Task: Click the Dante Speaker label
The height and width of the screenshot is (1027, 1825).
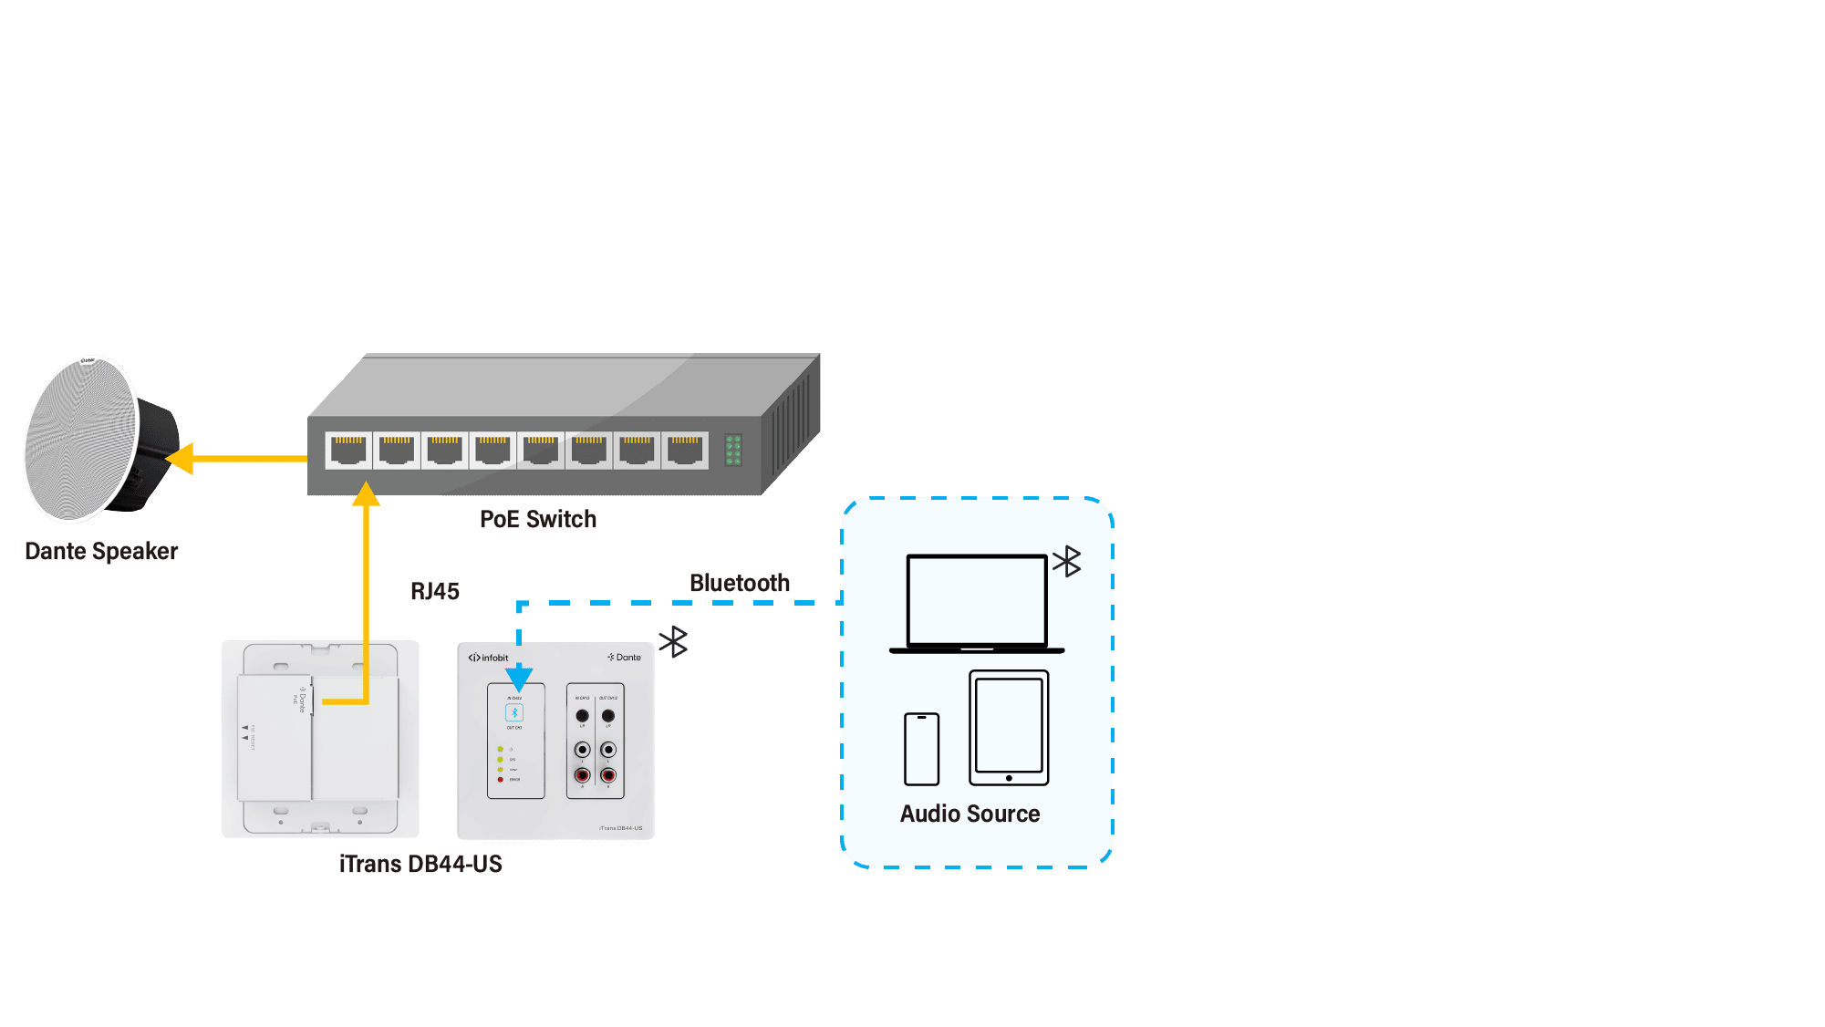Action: [x=101, y=551]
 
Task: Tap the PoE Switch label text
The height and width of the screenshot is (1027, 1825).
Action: [x=537, y=519]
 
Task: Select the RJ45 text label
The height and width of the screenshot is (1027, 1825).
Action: [x=434, y=591]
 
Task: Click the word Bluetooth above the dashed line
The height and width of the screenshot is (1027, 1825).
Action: [x=739, y=583]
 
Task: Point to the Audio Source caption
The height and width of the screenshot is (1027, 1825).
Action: [x=970, y=814]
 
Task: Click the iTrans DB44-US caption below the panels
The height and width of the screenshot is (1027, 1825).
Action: [x=420, y=864]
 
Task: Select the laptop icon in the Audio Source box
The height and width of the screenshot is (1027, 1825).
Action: [x=976, y=603]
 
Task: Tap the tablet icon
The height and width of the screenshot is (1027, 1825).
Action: [x=1009, y=728]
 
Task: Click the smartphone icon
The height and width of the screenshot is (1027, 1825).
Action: [x=921, y=749]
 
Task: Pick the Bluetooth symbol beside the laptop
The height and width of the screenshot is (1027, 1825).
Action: [x=1066, y=562]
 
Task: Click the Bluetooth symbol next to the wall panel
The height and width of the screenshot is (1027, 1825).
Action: [x=673, y=642]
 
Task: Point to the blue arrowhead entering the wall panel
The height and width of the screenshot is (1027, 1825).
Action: [x=519, y=678]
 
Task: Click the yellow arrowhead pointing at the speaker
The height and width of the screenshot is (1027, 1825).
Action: [x=181, y=459]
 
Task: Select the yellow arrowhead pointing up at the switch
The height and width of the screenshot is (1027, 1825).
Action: [x=366, y=494]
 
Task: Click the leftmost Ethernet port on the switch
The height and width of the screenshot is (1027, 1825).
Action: [x=348, y=451]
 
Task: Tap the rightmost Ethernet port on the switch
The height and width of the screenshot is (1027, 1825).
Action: [x=685, y=451]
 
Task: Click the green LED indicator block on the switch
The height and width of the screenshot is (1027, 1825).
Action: [x=733, y=450]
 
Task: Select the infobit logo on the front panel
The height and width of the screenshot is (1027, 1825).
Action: [x=488, y=658]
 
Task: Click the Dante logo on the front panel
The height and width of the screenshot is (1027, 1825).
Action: [x=625, y=657]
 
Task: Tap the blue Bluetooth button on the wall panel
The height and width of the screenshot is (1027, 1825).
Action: [x=514, y=712]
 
